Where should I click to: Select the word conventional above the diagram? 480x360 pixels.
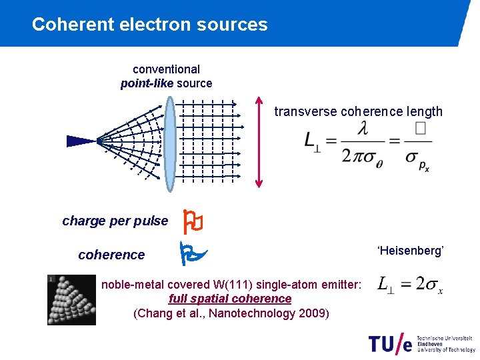166,69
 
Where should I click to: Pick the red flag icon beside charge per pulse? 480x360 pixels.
193,221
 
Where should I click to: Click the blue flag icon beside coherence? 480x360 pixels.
193,253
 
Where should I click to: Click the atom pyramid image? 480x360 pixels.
71,299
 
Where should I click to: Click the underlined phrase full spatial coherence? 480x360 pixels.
230,299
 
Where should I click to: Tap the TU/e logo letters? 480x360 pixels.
390,343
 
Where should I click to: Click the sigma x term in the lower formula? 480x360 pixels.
434,285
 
